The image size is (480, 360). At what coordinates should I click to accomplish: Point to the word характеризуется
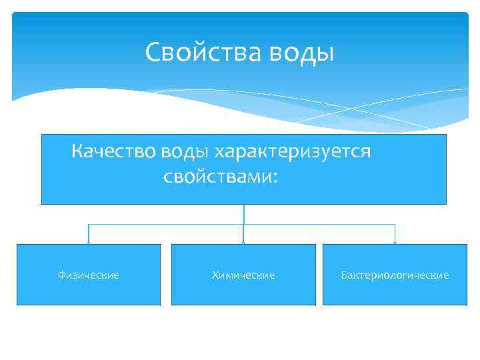point(291,152)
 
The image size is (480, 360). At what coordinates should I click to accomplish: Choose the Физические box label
point(89,275)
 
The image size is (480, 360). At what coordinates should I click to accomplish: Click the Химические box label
point(243,275)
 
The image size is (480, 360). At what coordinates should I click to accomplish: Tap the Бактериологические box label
point(395,275)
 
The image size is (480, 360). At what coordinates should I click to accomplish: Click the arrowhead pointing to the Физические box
point(89,241)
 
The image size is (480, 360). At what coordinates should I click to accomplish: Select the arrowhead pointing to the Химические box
point(243,241)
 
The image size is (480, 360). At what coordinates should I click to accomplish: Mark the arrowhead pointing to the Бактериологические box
point(395,241)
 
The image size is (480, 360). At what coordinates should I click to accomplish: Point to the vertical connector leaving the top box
point(244,213)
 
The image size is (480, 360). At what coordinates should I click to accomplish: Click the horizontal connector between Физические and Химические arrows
point(167,225)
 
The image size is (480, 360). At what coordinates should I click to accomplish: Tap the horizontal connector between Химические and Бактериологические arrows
point(320,225)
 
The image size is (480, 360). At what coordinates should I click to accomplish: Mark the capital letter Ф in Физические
point(61,275)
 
